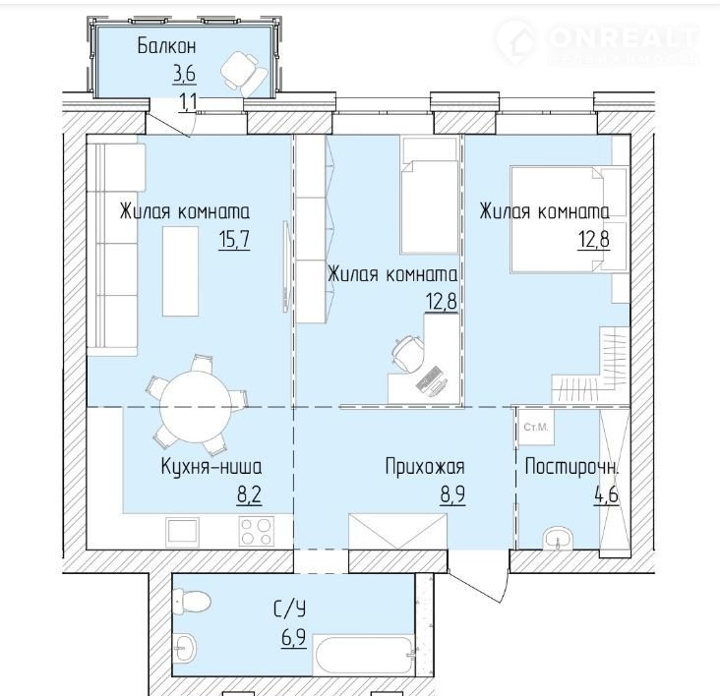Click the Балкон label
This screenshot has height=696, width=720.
pyautogui.click(x=166, y=46)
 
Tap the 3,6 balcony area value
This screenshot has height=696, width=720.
pyautogui.click(x=184, y=74)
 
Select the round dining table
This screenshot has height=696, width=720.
pyautogui.click(x=196, y=407)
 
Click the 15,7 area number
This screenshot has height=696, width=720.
pyautogui.click(x=234, y=239)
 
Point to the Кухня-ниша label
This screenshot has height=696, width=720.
pyautogui.click(x=211, y=467)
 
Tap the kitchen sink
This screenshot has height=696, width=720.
pyautogui.click(x=183, y=532)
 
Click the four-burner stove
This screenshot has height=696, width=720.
pyautogui.click(x=256, y=532)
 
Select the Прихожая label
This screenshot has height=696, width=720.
pyautogui.click(x=425, y=467)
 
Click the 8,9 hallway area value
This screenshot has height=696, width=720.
pyautogui.click(x=452, y=494)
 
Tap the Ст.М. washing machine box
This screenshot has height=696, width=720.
pyautogui.click(x=536, y=428)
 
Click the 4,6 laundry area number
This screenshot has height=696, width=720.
pyautogui.click(x=606, y=494)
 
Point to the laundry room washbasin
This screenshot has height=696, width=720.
pyautogui.click(x=558, y=538)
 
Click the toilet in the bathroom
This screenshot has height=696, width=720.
pyautogui.click(x=191, y=600)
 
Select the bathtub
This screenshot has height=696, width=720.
pyautogui.click(x=365, y=655)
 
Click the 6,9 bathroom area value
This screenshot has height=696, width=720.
pyautogui.click(x=294, y=638)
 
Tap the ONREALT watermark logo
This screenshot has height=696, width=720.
pyautogui.click(x=597, y=40)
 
